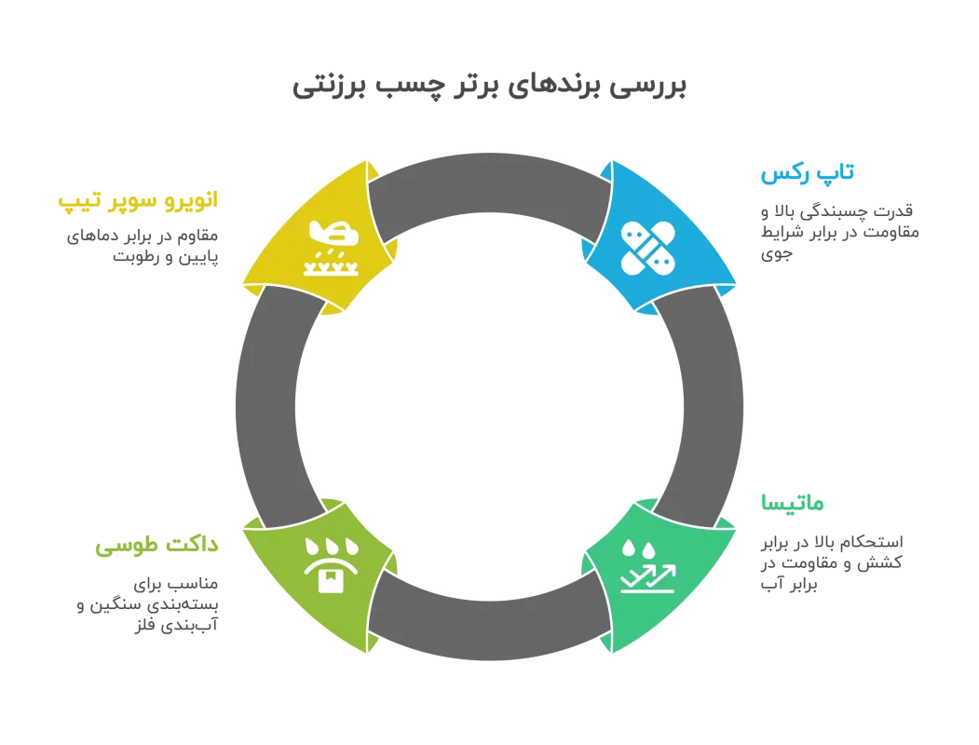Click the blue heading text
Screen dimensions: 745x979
point(808,174)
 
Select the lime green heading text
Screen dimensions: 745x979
point(156,546)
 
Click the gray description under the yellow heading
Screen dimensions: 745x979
point(145,248)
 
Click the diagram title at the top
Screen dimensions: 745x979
point(488,89)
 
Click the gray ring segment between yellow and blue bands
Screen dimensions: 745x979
point(489,183)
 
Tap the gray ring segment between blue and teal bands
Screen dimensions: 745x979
point(713,406)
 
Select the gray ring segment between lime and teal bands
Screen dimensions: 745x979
point(489,630)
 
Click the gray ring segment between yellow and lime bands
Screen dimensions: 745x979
point(265,406)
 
